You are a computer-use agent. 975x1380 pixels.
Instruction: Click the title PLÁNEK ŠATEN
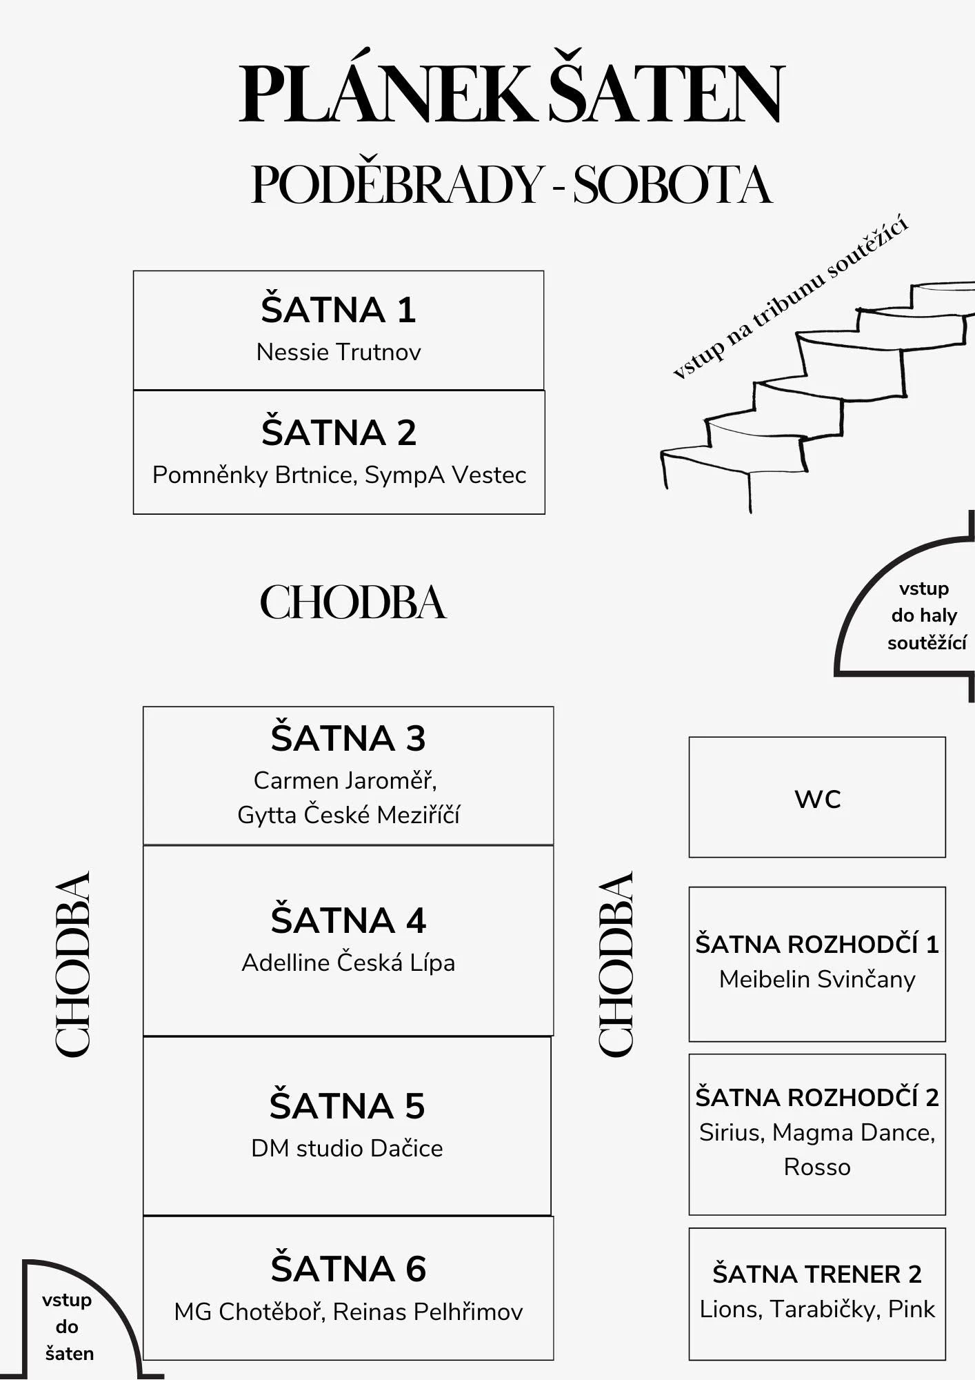511,93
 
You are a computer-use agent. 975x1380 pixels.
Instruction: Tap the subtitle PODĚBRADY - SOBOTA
511,184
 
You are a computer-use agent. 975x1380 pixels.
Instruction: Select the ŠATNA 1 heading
339,310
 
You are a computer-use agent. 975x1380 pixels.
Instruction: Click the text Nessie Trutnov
339,353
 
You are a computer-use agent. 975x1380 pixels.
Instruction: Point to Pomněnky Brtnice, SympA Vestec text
339,475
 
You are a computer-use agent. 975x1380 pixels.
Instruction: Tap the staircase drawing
814,393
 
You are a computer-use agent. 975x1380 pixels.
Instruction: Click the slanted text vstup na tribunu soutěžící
790,297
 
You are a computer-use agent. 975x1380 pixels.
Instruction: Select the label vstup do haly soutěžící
925,615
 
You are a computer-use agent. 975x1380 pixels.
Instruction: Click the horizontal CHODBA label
353,602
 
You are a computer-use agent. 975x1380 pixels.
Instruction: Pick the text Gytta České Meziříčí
348,815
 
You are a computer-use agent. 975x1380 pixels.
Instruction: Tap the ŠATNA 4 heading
348,920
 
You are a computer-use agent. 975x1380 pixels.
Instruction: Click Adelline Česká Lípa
348,963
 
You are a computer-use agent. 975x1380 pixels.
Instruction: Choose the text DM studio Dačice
347,1148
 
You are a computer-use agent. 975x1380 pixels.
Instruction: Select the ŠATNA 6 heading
348,1269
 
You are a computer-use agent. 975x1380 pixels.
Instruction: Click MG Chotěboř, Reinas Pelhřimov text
348,1312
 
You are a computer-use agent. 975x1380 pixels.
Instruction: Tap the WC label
818,799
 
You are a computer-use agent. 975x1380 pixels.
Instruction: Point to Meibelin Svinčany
817,979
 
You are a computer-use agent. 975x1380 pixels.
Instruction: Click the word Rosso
817,1167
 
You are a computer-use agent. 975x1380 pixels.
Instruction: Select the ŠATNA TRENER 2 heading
817,1274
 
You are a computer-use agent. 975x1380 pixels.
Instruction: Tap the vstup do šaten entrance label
68,1326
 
